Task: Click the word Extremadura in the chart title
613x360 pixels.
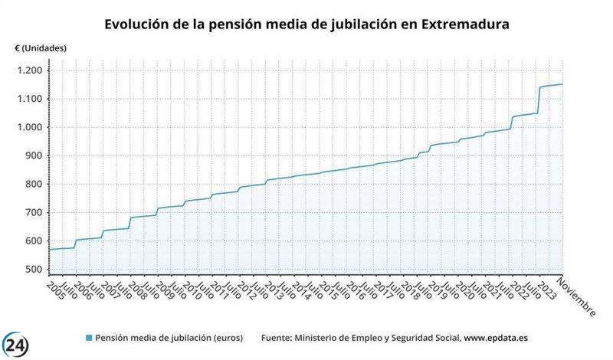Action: (x=464, y=25)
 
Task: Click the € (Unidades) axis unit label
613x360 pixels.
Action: (x=41, y=47)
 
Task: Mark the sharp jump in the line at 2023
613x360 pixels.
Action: (x=539, y=100)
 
